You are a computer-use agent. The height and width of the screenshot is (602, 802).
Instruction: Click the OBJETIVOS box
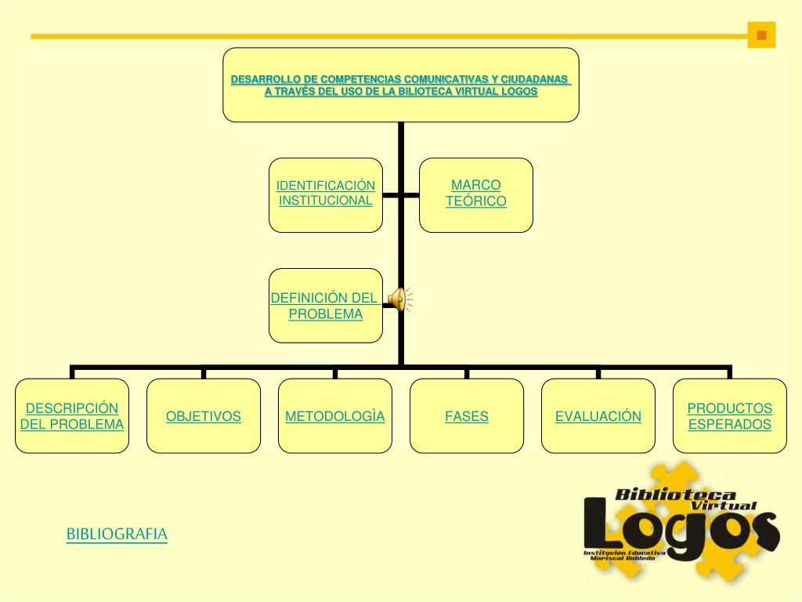(x=204, y=416)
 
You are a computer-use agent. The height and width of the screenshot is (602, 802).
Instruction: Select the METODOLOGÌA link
(x=335, y=416)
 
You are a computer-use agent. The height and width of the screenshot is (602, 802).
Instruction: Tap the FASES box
(x=467, y=416)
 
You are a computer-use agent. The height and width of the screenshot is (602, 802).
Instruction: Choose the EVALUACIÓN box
(x=598, y=416)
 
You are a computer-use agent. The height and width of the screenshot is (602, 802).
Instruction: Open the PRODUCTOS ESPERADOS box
(x=730, y=416)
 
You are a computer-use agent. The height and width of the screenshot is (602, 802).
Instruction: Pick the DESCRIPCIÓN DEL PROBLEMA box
(x=72, y=416)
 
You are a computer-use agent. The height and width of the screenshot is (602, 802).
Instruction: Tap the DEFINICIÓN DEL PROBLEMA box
(x=326, y=306)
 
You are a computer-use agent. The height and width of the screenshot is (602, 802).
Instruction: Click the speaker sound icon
(x=399, y=299)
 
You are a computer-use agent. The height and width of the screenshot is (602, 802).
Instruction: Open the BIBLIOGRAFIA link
(x=117, y=535)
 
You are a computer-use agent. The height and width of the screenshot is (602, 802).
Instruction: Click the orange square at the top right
(x=760, y=35)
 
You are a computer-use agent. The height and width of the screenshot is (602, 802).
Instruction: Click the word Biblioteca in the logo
(x=675, y=495)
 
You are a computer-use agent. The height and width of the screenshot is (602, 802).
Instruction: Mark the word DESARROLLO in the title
(x=266, y=80)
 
